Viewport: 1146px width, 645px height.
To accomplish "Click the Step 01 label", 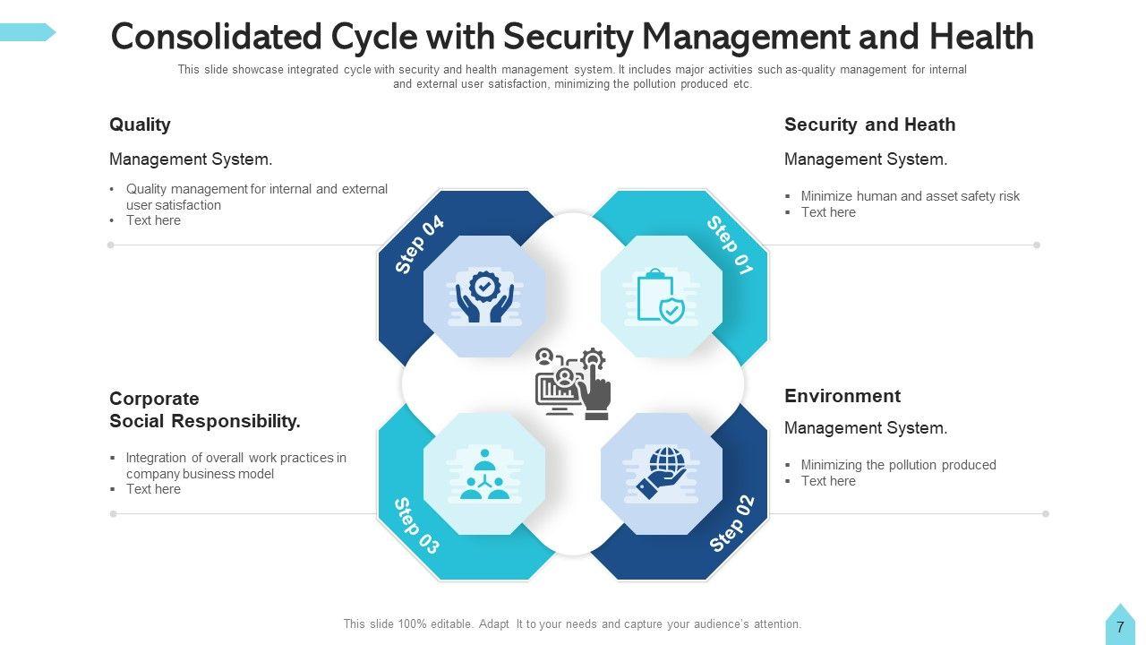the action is (730, 245).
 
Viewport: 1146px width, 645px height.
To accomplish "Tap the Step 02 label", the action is (732, 524).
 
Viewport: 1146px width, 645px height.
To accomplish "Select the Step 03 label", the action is (417, 526).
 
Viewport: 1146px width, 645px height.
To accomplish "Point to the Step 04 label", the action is (420, 245).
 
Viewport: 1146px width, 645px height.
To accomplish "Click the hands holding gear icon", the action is (484, 297).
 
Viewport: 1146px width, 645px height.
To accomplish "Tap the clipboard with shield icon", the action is (661, 297).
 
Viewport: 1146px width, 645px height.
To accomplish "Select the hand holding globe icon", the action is (661, 474).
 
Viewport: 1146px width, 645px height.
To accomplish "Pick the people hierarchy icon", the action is (484, 474).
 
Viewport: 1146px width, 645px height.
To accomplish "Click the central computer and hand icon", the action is (573, 384).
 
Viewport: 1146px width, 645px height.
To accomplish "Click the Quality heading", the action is (140, 125).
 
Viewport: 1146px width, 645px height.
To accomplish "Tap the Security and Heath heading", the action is (869, 125).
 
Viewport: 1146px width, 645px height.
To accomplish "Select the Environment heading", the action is (842, 396).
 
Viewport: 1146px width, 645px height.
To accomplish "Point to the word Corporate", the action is (154, 399).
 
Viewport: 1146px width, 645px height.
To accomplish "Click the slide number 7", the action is (1120, 628).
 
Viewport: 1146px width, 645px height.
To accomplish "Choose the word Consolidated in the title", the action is (215, 38).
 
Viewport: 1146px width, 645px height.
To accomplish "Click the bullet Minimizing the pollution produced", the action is (898, 465).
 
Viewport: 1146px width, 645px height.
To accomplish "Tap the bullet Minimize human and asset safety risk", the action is (910, 196).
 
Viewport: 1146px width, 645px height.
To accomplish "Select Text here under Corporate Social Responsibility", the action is (153, 489).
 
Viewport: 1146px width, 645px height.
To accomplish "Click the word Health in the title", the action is (981, 38).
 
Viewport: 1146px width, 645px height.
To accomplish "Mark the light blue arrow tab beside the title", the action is (27, 33).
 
